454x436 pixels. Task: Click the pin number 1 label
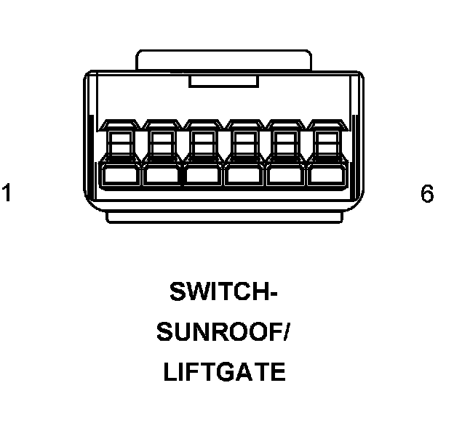click(x=7, y=194)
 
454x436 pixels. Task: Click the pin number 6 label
click(x=426, y=194)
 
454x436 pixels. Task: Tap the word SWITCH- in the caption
click(x=224, y=292)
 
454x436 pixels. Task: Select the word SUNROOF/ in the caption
click(x=224, y=333)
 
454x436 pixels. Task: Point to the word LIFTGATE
click(x=224, y=373)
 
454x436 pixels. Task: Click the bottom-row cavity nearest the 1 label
click(x=120, y=175)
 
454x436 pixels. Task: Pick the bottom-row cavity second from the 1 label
click(x=161, y=175)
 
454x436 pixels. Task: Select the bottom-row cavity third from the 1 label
click(x=202, y=175)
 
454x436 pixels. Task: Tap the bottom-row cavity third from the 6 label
click(x=243, y=175)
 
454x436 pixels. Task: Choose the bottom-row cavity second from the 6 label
click(x=284, y=175)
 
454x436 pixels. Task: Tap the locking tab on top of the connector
click(x=224, y=60)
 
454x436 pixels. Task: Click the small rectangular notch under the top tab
click(x=224, y=81)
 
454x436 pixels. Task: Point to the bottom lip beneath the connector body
click(x=224, y=217)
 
